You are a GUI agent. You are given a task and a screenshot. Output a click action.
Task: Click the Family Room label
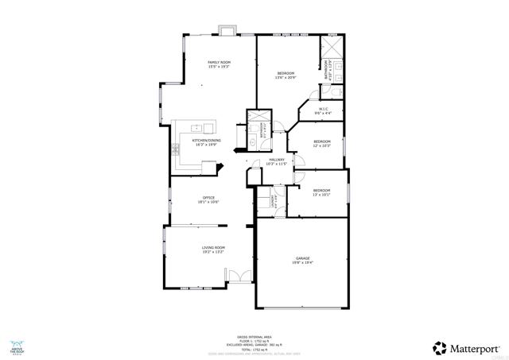[x=220, y=64]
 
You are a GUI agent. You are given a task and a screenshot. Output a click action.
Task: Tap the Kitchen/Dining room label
[x=207, y=142]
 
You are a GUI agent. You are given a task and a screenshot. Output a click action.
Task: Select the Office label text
[x=208, y=199]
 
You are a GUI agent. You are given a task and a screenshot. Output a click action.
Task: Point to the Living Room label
[x=213, y=250]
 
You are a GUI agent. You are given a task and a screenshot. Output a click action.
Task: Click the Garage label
[x=302, y=260]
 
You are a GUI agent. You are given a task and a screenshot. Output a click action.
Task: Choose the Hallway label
[x=276, y=162]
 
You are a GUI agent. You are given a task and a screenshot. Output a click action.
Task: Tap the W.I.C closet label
[x=324, y=111]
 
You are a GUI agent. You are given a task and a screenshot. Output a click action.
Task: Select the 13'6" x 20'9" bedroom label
[x=286, y=75]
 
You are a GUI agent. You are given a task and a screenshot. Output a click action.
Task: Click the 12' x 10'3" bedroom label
[x=321, y=143]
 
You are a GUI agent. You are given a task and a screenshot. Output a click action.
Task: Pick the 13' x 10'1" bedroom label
[x=321, y=192]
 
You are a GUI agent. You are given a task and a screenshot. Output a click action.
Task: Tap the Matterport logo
[x=467, y=347]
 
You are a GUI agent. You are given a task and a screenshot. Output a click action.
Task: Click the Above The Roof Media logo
[x=17, y=346]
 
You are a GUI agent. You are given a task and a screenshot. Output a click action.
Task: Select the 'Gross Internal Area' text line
[x=254, y=335]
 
